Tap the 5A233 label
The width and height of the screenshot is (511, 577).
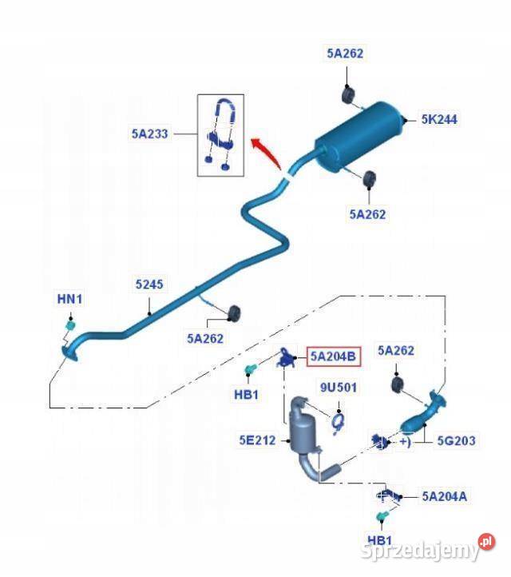150,134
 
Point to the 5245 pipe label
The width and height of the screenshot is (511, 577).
149,284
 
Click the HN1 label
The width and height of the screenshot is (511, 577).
69,299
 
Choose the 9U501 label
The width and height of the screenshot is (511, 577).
339,388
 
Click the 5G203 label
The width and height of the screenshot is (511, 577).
455,440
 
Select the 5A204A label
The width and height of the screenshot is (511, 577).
444,496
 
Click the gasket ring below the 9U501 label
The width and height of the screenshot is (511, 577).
338,418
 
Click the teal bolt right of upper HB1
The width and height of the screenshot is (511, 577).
253,368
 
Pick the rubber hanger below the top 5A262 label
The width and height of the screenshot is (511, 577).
349,94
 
